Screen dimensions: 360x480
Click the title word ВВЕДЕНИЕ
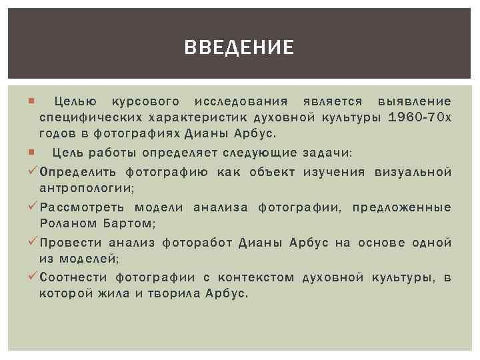coord(239,47)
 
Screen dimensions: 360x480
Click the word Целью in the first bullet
coord(76,102)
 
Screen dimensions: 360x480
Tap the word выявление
coord(414,102)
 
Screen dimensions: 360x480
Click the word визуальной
coord(413,173)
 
